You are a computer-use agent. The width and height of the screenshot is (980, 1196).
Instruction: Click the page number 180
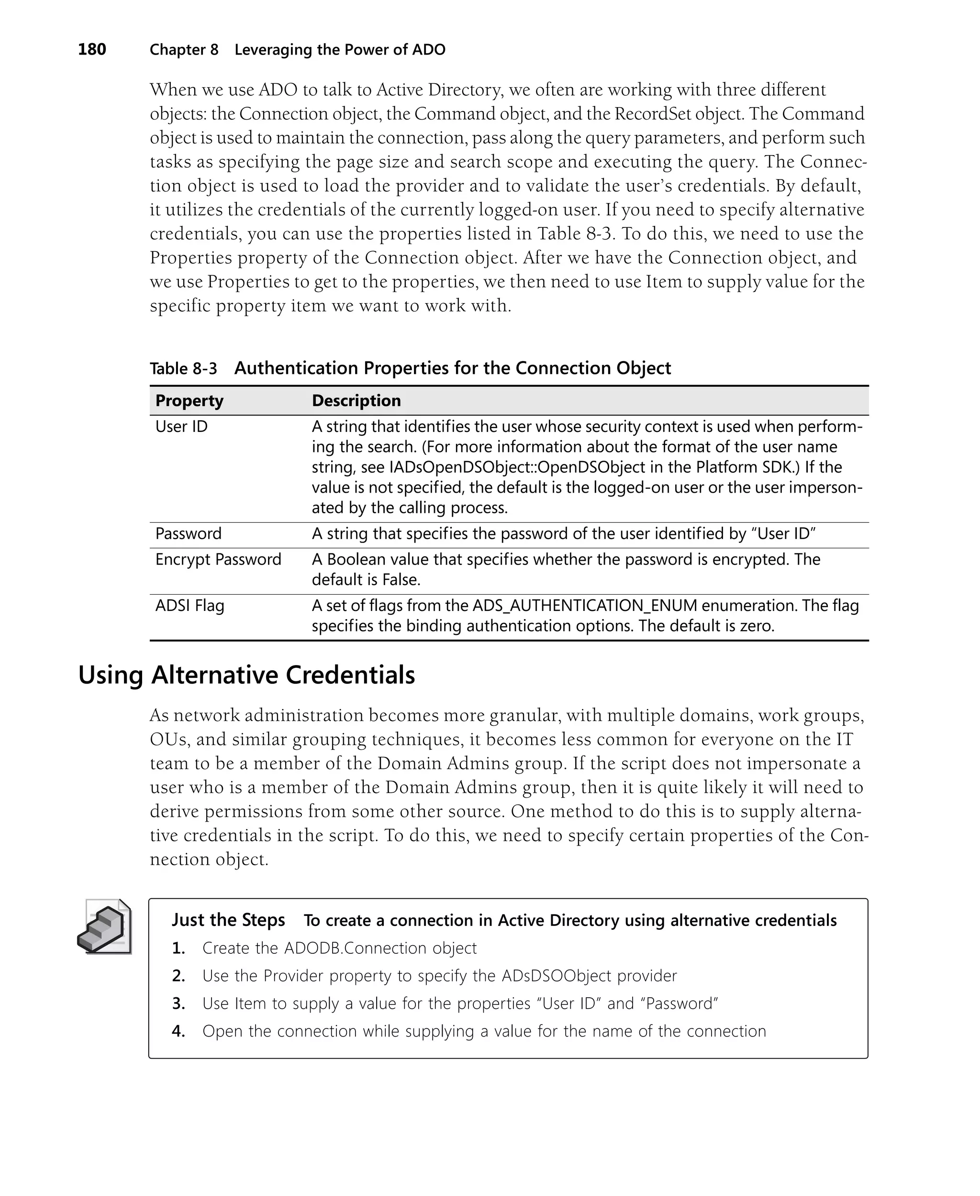[92, 50]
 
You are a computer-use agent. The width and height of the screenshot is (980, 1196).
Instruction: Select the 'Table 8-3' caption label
[183, 369]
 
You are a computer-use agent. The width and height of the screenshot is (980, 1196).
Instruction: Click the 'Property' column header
[189, 401]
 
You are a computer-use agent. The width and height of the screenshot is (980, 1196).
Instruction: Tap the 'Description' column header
[356, 401]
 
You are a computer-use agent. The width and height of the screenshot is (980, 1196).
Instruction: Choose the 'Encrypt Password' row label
[218, 560]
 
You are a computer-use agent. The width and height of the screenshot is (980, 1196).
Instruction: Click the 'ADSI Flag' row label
[189, 606]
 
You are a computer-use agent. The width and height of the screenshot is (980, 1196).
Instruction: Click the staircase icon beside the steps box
[104, 927]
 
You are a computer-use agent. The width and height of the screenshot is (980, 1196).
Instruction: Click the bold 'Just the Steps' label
[228, 920]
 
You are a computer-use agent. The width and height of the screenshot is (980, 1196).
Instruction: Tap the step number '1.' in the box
[178, 948]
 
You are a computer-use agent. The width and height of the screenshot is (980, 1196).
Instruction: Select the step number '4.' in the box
[178, 1031]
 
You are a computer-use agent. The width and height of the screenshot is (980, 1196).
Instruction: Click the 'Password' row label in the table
[188, 534]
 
